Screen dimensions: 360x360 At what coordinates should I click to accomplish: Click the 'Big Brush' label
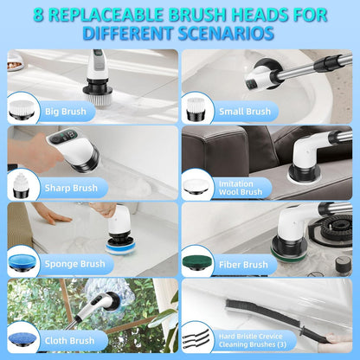tap(64, 111)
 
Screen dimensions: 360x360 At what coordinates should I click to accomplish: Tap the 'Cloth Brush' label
tap(69, 340)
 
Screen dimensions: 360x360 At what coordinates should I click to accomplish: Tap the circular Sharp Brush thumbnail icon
tap(23, 184)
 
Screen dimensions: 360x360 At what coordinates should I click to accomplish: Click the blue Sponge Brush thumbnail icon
tap(23, 261)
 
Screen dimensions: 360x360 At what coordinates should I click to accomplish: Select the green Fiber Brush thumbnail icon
tap(198, 261)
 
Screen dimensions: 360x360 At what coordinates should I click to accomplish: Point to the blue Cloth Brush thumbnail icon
tap(23, 337)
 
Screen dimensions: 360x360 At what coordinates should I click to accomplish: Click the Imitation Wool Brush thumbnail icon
tap(198, 185)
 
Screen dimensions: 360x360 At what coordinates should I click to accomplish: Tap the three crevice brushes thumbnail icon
tap(197, 337)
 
